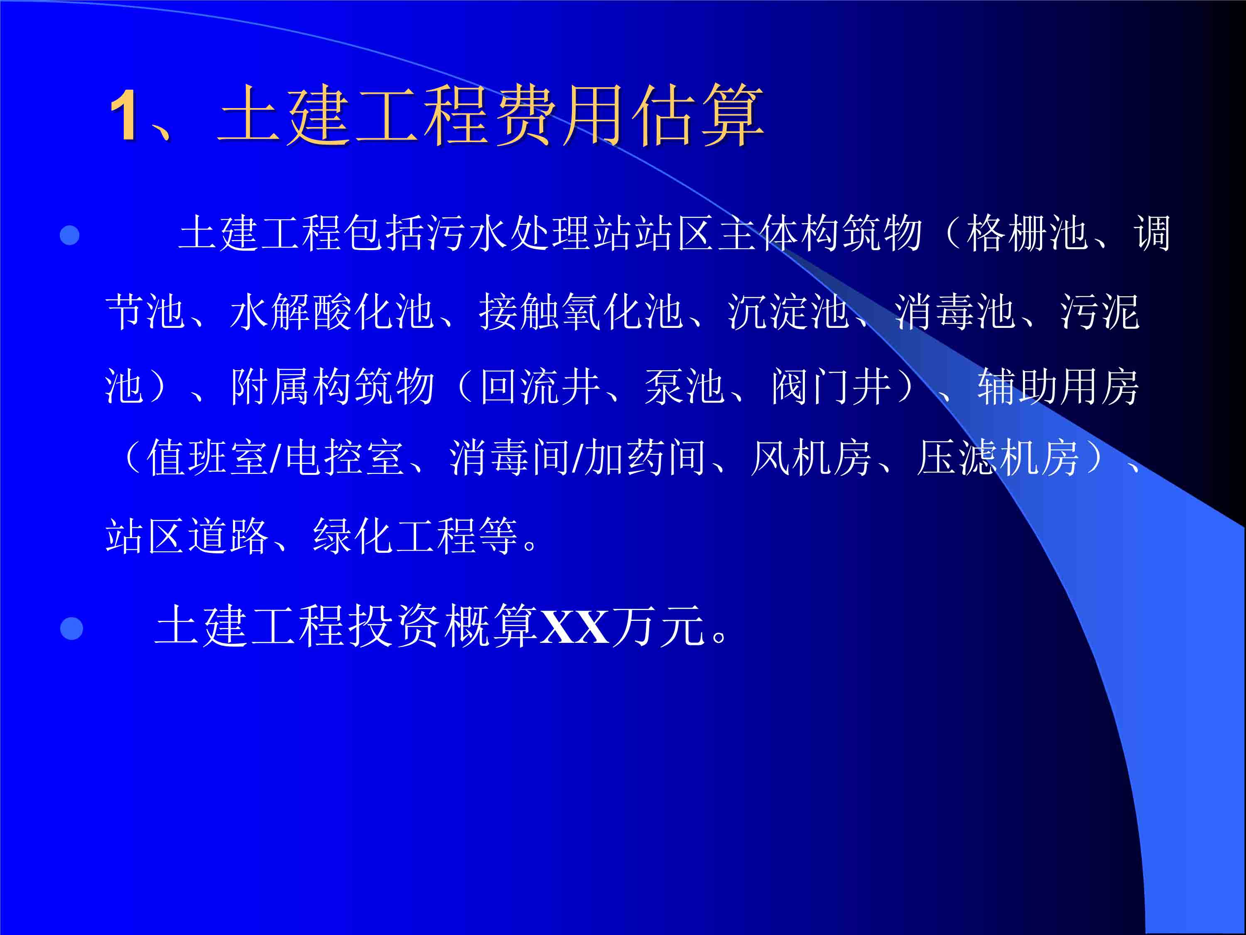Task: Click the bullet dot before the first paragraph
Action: coord(69,235)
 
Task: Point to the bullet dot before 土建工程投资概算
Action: coord(71,628)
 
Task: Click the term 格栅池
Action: coord(1026,233)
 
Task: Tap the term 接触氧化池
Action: coord(580,311)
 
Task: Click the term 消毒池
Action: coord(955,311)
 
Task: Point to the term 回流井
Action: coord(539,386)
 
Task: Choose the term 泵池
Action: coord(684,386)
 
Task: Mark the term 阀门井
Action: coord(831,386)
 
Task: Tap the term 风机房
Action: coord(811,457)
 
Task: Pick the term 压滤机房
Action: coord(997,457)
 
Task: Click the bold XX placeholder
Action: coord(574,627)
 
